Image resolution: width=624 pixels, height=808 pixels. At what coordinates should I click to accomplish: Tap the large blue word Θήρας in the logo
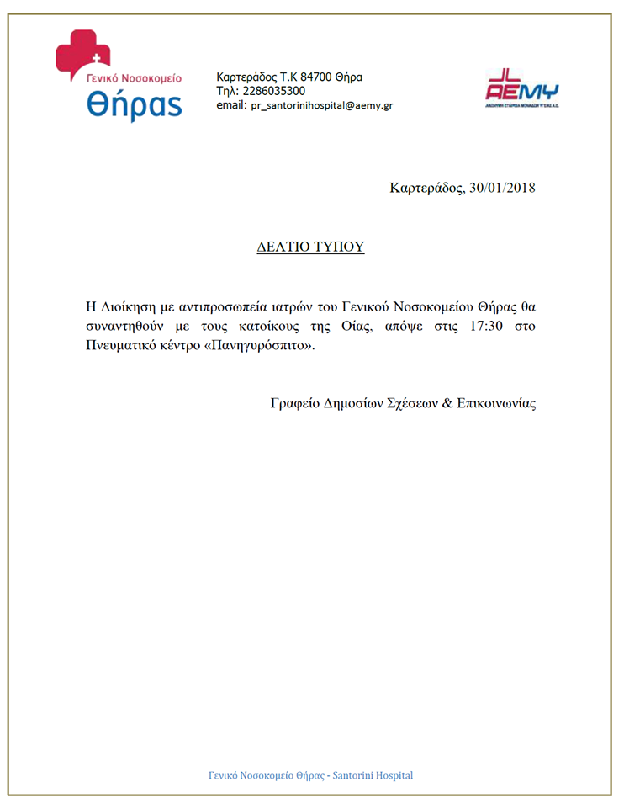click(x=134, y=104)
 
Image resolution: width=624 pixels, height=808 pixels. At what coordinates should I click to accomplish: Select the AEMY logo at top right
click(x=522, y=88)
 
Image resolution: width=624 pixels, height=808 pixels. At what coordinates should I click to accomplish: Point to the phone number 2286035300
click(x=272, y=91)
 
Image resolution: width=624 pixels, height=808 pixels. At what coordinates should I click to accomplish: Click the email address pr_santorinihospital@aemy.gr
click(x=322, y=106)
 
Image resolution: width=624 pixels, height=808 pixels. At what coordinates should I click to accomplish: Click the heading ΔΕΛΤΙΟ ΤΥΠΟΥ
click(x=310, y=247)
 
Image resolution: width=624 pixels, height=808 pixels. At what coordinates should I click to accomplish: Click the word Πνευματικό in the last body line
click(x=121, y=348)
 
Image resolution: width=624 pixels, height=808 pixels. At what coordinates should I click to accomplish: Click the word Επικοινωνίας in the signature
click(x=496, y=403)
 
